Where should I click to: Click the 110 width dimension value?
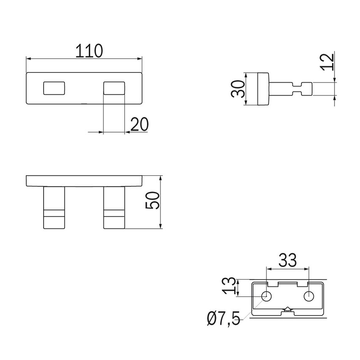coord(89,51)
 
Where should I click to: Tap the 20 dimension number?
coord(139,125)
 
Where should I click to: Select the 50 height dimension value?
coord(152,200)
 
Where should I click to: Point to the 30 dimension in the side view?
coord(238,89)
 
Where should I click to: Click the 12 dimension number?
coord(327,61)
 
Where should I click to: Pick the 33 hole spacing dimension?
coord(288,260)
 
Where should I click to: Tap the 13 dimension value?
coord(229,285)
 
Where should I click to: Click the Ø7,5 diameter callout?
coord(223,318)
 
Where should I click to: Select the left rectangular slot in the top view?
coord(54,88)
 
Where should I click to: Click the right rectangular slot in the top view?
coord(114,88)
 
